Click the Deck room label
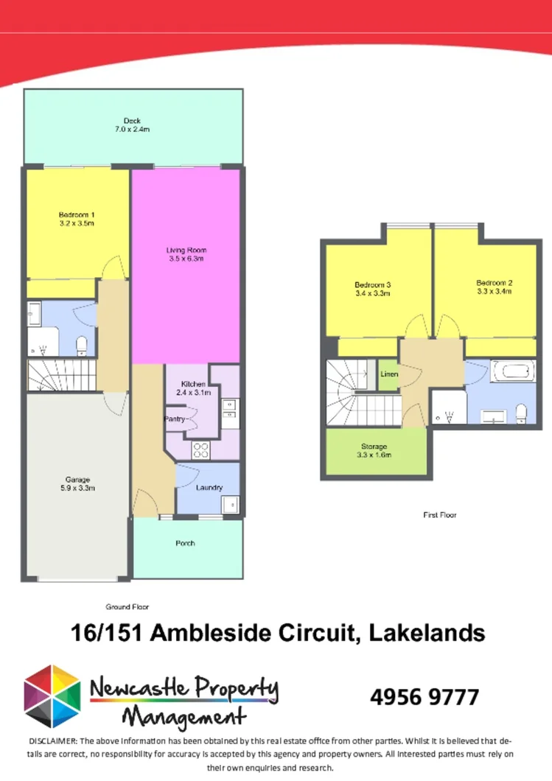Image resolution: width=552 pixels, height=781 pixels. [x=132, y=121]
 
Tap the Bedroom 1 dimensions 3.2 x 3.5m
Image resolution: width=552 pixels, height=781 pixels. [x=77, y=223]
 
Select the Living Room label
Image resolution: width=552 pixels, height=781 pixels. [x=185, y=251]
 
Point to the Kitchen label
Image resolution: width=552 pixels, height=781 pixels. [x=194, y=384]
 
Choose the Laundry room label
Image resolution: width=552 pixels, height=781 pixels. [x=209, y=487]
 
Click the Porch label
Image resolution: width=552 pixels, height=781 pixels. [x=185, y=543]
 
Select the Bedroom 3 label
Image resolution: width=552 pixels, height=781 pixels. [x=372, y=284]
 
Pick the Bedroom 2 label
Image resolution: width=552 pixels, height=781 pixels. [x=494, y=282]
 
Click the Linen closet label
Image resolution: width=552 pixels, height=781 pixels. [x=389, y=374]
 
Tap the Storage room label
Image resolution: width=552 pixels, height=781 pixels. [x=374, y=446]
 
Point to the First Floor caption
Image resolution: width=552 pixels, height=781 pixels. [x=439, y=515]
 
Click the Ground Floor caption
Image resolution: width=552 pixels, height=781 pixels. [x=127, y=607]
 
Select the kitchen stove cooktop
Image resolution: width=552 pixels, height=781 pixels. [x=201, y=449]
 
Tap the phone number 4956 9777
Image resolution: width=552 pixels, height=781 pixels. [x=424, y=697]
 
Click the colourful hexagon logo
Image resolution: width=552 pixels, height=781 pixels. [x=52, y=696]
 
